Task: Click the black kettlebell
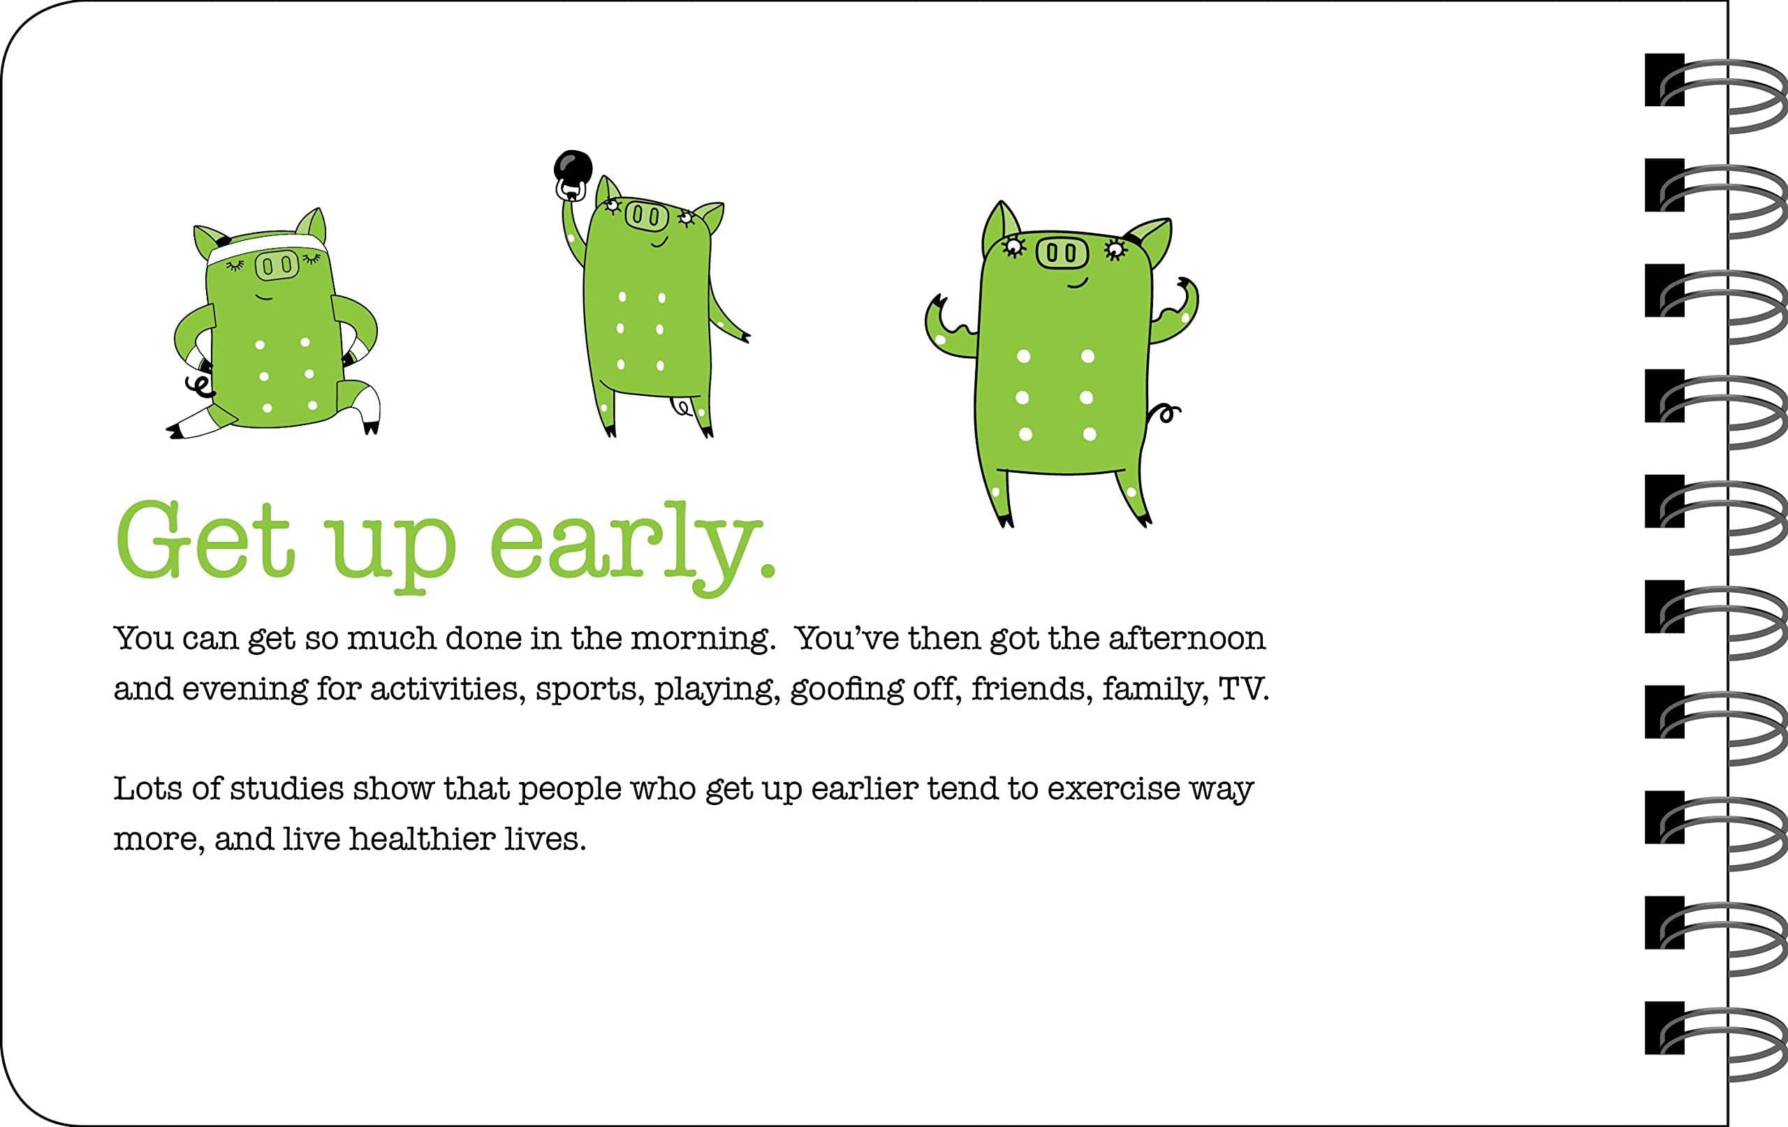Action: point(574,169)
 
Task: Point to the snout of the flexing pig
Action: point(1061,253)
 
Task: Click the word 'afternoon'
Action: point(1187,638)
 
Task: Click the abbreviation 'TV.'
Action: point(1244,689)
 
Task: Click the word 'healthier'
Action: point(422,839)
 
